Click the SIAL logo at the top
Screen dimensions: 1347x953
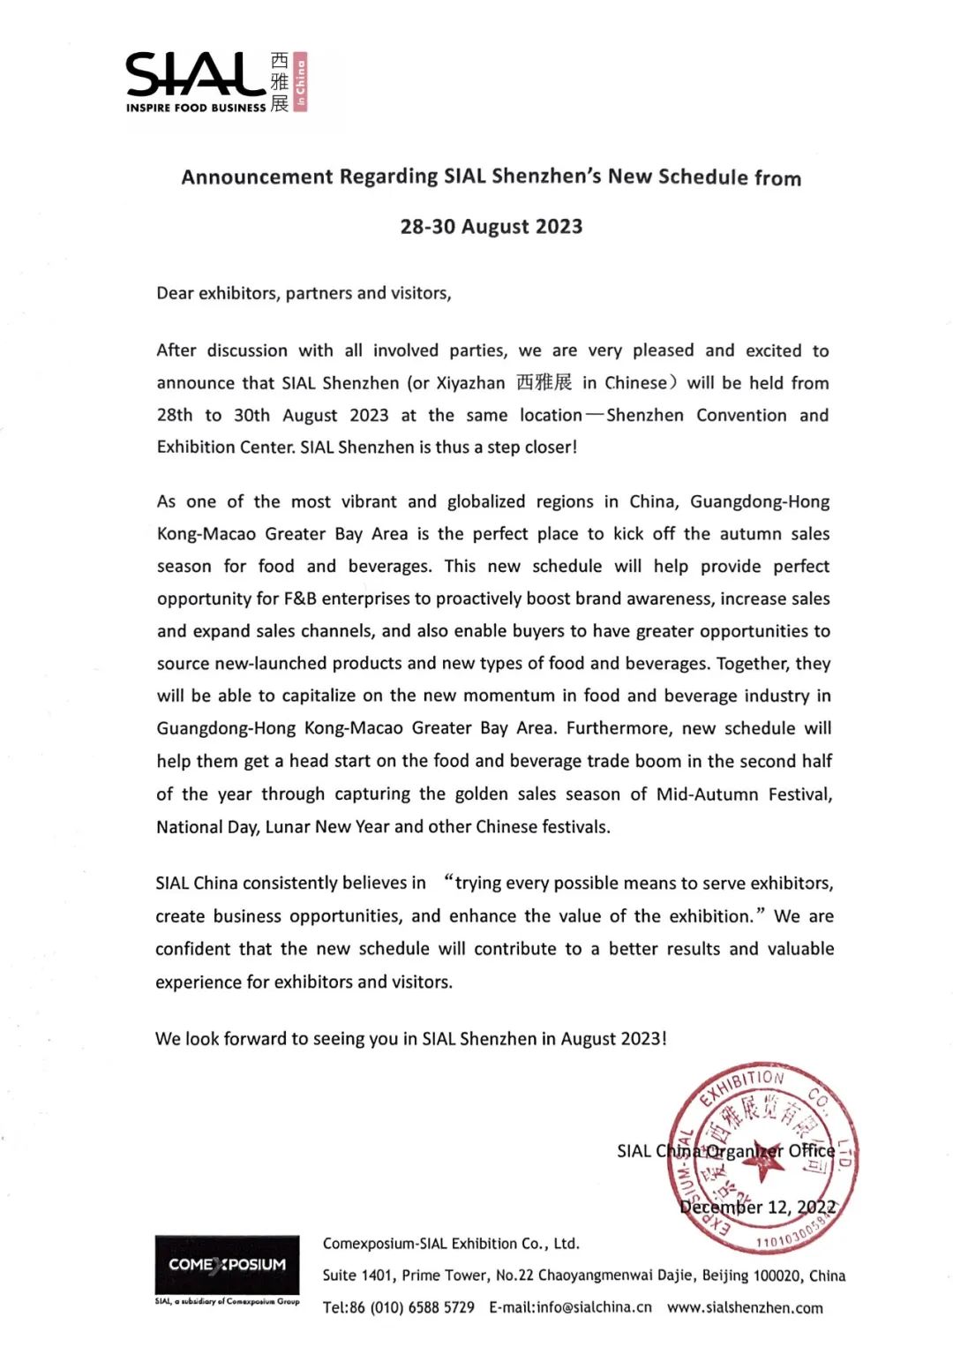(x=195, y=74)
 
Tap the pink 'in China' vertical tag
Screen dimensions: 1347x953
(x=300, y=81)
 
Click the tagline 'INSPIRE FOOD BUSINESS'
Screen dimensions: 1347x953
(x=195, y=108)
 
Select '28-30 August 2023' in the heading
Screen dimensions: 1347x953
(x=491, y=227)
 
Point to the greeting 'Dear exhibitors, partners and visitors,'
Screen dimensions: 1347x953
(x=304, y=293)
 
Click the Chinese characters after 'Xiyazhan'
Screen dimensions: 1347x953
(x=544, y=382)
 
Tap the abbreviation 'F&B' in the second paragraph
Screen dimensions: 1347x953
(x=300, y=598)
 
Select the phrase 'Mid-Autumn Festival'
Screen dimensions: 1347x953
(x=743, y=794)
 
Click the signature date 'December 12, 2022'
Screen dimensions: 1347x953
(x=757, y=1207)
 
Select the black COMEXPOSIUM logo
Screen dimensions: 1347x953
(x=227, y=1265)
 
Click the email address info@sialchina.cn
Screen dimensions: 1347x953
(x=582, y=1307)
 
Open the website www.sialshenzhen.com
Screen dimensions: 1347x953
(x=745, y=1307)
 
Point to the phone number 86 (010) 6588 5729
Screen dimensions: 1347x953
(x=412, y=1307)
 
